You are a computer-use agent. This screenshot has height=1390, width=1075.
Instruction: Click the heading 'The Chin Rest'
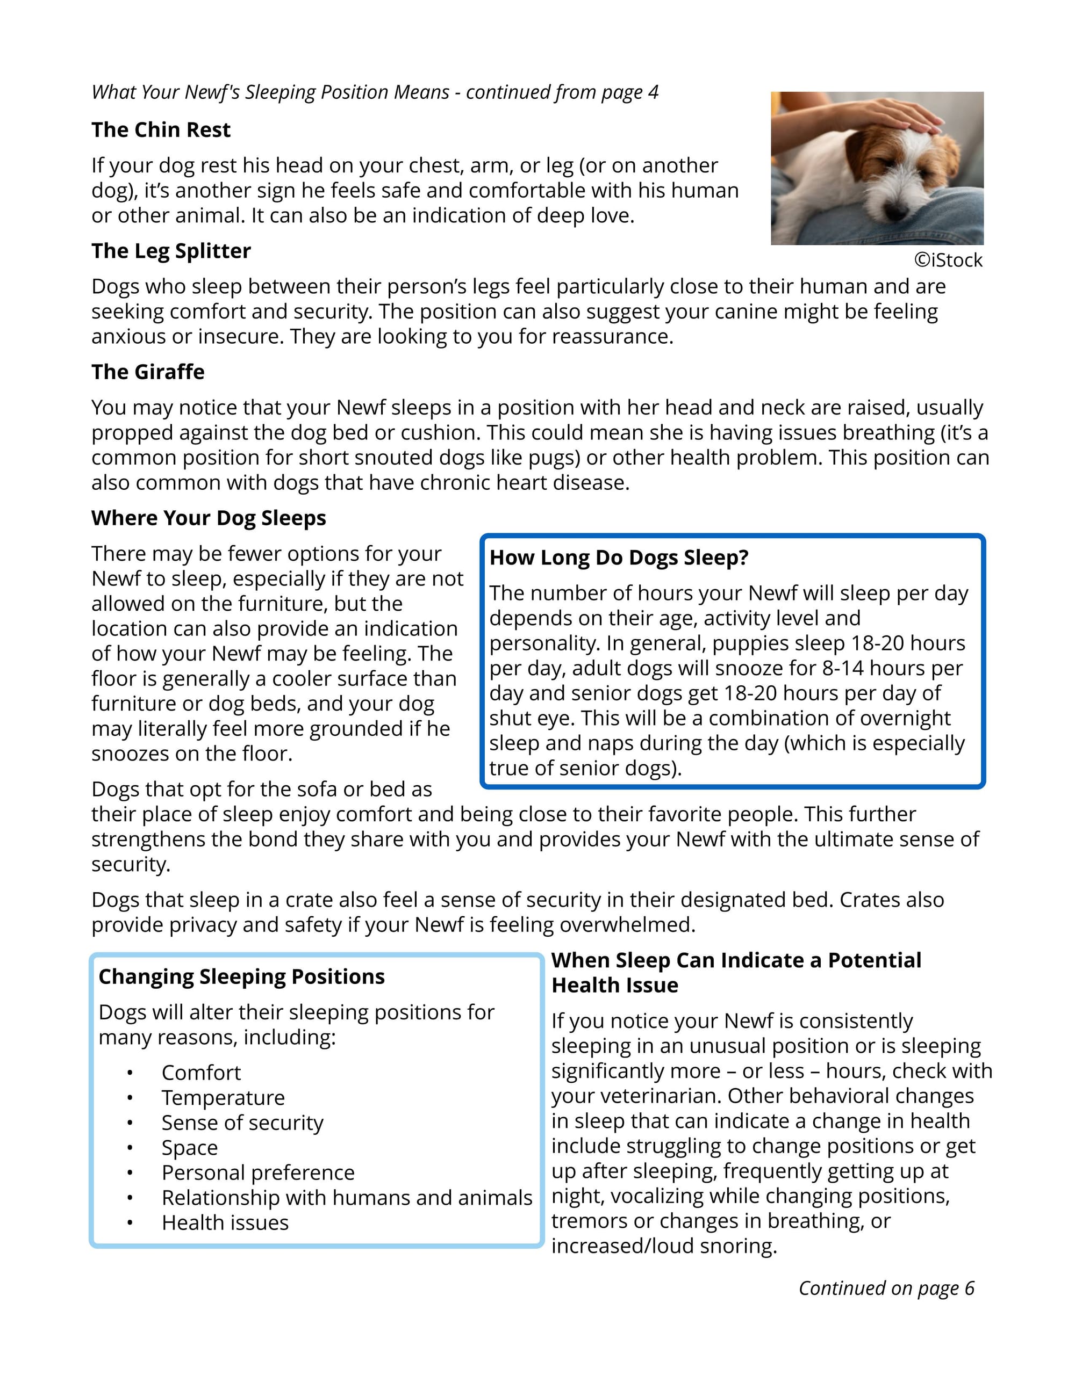pyautogui.click(x=161, y=130)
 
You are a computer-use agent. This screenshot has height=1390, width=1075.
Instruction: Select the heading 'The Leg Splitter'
pyautogui.click(x=171, y=251)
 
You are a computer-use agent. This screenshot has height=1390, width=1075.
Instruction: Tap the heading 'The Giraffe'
pyautogui.click(x=148, y=372)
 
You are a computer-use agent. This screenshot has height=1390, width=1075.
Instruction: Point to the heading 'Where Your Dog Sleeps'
pyautogui.click(x=208, y=518)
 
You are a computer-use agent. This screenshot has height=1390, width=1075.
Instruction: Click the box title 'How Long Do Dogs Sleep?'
pyautogui.click(x=618, y=558)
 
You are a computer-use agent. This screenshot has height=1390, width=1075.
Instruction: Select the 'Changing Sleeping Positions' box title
pyautogui.click(x=241, y=977)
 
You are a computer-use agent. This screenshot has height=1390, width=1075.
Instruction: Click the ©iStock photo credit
pyautogui.click(x=948, y=260)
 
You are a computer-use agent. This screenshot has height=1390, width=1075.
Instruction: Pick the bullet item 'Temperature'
pyautogui.click(x=223, y=1098)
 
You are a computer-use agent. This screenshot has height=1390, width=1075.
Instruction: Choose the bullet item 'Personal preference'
pyautogui.click(x=258, y=1173)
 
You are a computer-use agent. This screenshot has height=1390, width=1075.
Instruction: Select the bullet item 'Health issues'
pyautogui.click(x=225, y=1222)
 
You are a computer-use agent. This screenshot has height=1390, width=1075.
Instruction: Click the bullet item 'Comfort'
pyautogui.click(x=201, y=1073)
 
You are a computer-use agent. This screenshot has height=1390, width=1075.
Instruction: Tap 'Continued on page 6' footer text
pyautogui.click(x=886, y=1288)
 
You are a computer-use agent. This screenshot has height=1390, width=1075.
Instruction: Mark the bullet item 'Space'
pyautogui.click(x=190, y=1148)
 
